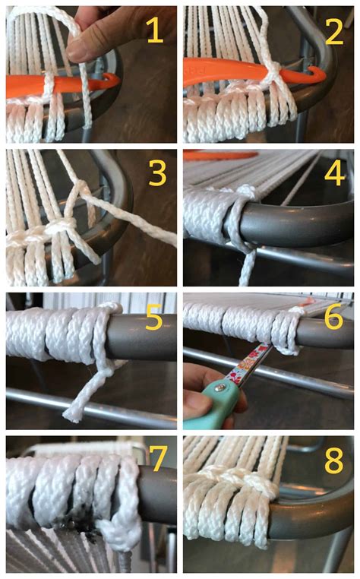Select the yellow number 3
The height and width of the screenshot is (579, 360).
[x=157, y=173]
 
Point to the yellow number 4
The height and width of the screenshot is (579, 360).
[x=334, y=173]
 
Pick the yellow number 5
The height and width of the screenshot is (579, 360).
[x=155, y=318]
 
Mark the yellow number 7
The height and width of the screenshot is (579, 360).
[x=157, y=461]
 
